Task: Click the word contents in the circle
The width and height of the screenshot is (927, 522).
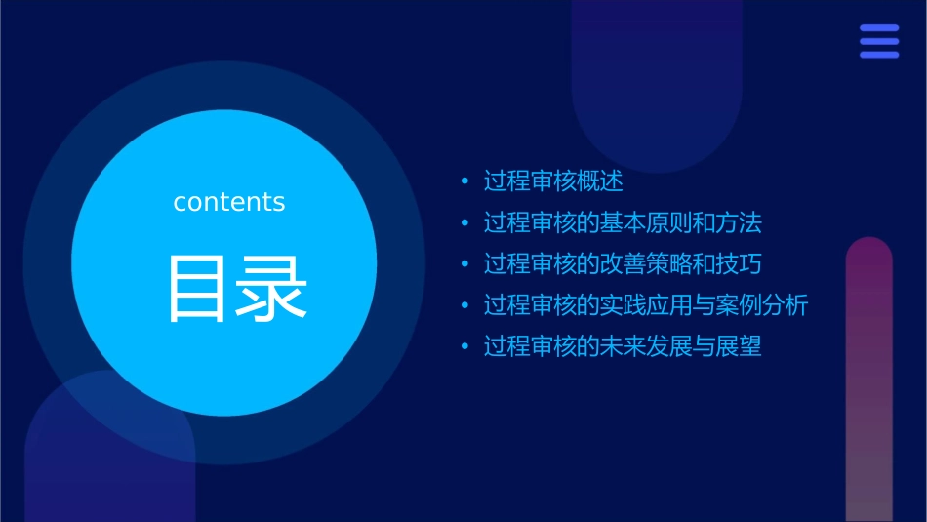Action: click(x=229, y=202)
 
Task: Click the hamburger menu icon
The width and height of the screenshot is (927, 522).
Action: click(x=879, y=41)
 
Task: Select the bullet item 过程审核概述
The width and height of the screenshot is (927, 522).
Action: click(x=552, y=181)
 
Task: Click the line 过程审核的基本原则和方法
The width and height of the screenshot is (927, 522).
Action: click(x=622, y=222)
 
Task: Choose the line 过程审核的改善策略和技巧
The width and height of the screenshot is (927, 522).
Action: click(x=622, y=264)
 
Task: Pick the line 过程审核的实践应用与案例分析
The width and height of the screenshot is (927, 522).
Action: click(x=645, y=305)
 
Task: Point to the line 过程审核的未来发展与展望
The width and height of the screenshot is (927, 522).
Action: click(x=622, y=346)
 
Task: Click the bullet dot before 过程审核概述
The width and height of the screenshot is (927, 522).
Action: click(x=464, y=181)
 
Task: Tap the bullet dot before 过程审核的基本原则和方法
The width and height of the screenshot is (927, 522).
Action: click(x=464, y=223)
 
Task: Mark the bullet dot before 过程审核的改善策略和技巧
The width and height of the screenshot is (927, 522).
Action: click(x=464, y=264)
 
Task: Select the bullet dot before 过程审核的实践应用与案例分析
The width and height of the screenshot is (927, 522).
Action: click(x=464, y=306)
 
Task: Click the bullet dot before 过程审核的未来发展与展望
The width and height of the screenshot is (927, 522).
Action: click(x=464, y=347)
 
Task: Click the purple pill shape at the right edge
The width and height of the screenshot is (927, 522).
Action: click(x=868, y=381)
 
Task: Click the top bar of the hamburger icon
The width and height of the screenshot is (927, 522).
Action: click(x=879, y=28)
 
